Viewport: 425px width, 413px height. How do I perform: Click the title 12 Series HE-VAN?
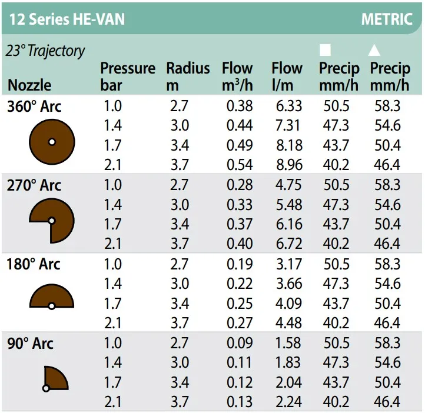(x=67, y=19)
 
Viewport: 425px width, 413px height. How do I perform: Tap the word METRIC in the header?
(x=386, y=19)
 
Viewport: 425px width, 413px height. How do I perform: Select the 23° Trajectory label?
(x=45, y=51)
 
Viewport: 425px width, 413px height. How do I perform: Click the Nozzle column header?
(x=29, y=85)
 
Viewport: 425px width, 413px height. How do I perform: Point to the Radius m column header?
(x=188, y=76)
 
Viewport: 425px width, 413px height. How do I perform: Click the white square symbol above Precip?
(x=326, y=51)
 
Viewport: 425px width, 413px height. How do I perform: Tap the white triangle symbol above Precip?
(x=375, y=51)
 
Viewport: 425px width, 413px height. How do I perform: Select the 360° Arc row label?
(x=34, y=107)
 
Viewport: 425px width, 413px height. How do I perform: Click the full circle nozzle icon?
(x=52, y=142)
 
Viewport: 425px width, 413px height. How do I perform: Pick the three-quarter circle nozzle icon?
(x=52, y=221)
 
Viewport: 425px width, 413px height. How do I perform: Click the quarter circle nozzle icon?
(x=55, y=378)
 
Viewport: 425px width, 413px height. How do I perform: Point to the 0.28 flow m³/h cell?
(x=240, y=185)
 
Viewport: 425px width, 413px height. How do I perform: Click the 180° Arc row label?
(x=34, y=264)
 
